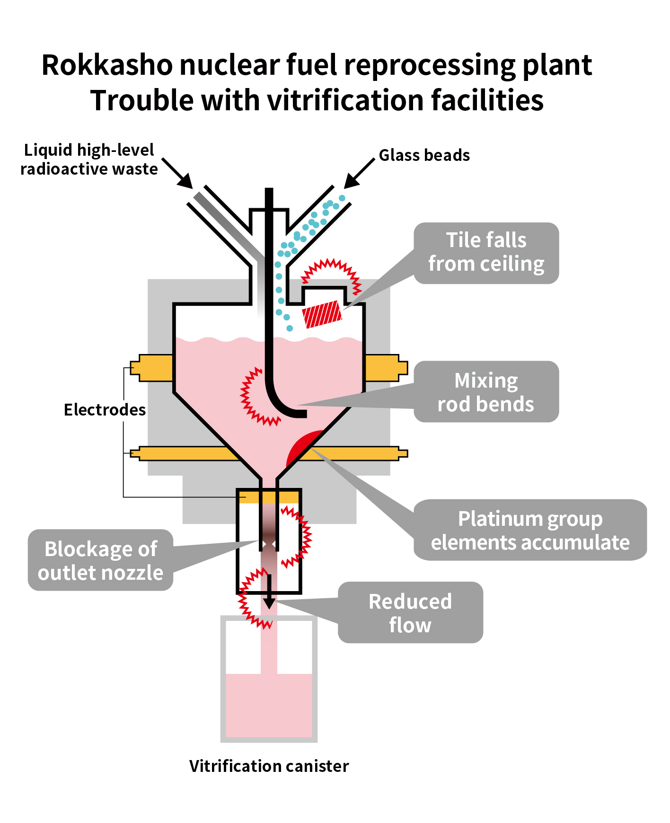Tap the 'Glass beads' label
(424, 155)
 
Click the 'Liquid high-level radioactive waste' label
(89, 159)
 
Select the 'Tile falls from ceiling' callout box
(486, 253)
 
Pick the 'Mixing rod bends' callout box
(486, 392)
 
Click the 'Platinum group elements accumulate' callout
(530, 530)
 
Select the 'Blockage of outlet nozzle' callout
(100, 560)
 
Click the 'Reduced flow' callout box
(410, 613)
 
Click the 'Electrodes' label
(105, 410)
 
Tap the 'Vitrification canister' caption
(269, 766)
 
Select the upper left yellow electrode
(153, 368)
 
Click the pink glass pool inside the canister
(269, 705)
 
